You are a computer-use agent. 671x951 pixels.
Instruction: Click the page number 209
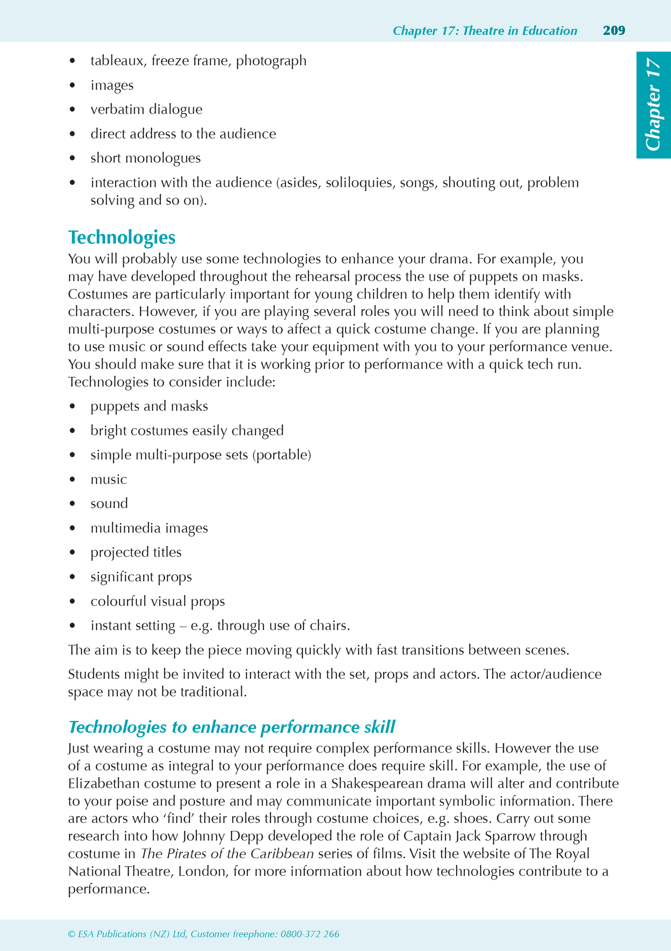point(614,31)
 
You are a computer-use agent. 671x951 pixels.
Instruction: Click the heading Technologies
point(122,238)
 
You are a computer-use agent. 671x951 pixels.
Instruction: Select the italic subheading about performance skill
point(231,726)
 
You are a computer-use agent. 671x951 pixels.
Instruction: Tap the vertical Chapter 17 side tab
point(653,105)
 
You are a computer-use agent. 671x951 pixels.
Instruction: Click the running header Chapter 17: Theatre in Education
point(485,31)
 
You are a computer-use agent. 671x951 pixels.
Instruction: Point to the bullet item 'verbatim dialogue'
point(146,109)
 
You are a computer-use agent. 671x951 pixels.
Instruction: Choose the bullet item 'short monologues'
point(145,158)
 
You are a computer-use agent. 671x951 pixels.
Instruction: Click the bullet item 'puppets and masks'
point(149,406)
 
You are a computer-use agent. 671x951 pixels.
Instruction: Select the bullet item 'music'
point(109,479)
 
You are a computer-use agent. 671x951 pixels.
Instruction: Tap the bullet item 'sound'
point(109,504)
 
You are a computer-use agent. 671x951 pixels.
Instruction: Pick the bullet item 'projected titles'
point(136,553)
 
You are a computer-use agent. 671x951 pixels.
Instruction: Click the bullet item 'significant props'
point(141,577)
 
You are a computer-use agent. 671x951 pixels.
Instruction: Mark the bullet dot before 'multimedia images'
point(72,528)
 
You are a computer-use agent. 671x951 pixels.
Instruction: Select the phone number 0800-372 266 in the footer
point(310,934)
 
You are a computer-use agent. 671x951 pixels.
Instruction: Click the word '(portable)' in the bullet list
point(282,455)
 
